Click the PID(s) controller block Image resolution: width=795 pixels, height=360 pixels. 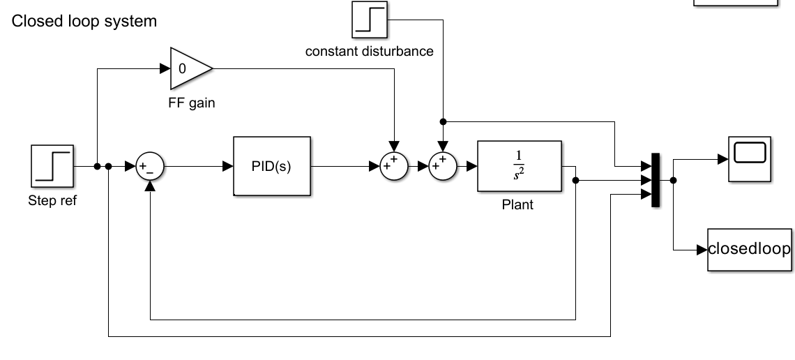pos(272,167)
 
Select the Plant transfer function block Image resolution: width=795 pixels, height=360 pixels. pos(519,167)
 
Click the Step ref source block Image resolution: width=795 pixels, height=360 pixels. pos(52,166)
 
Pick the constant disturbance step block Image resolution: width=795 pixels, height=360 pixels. pos(369,22)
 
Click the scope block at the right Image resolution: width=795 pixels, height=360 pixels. pos(750,158)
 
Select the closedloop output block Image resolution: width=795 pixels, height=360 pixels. pos(750,248)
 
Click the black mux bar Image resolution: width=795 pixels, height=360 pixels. pos(655,180)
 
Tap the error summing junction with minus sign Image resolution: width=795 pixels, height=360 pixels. pos(150,167)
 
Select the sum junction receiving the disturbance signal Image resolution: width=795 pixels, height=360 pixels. pos(443,167)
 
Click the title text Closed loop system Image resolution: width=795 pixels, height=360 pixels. pos(84,22)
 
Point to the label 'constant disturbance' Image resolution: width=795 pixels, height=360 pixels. pos(370,51)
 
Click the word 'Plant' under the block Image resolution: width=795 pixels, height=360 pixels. pos(518,206)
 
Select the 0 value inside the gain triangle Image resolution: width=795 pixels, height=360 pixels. pos(183,69)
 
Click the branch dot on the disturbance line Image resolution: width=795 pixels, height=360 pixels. pos(443,121)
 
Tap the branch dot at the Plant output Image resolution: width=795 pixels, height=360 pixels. pos(576,180)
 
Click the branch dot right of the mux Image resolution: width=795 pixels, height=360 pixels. pos(673,180)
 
